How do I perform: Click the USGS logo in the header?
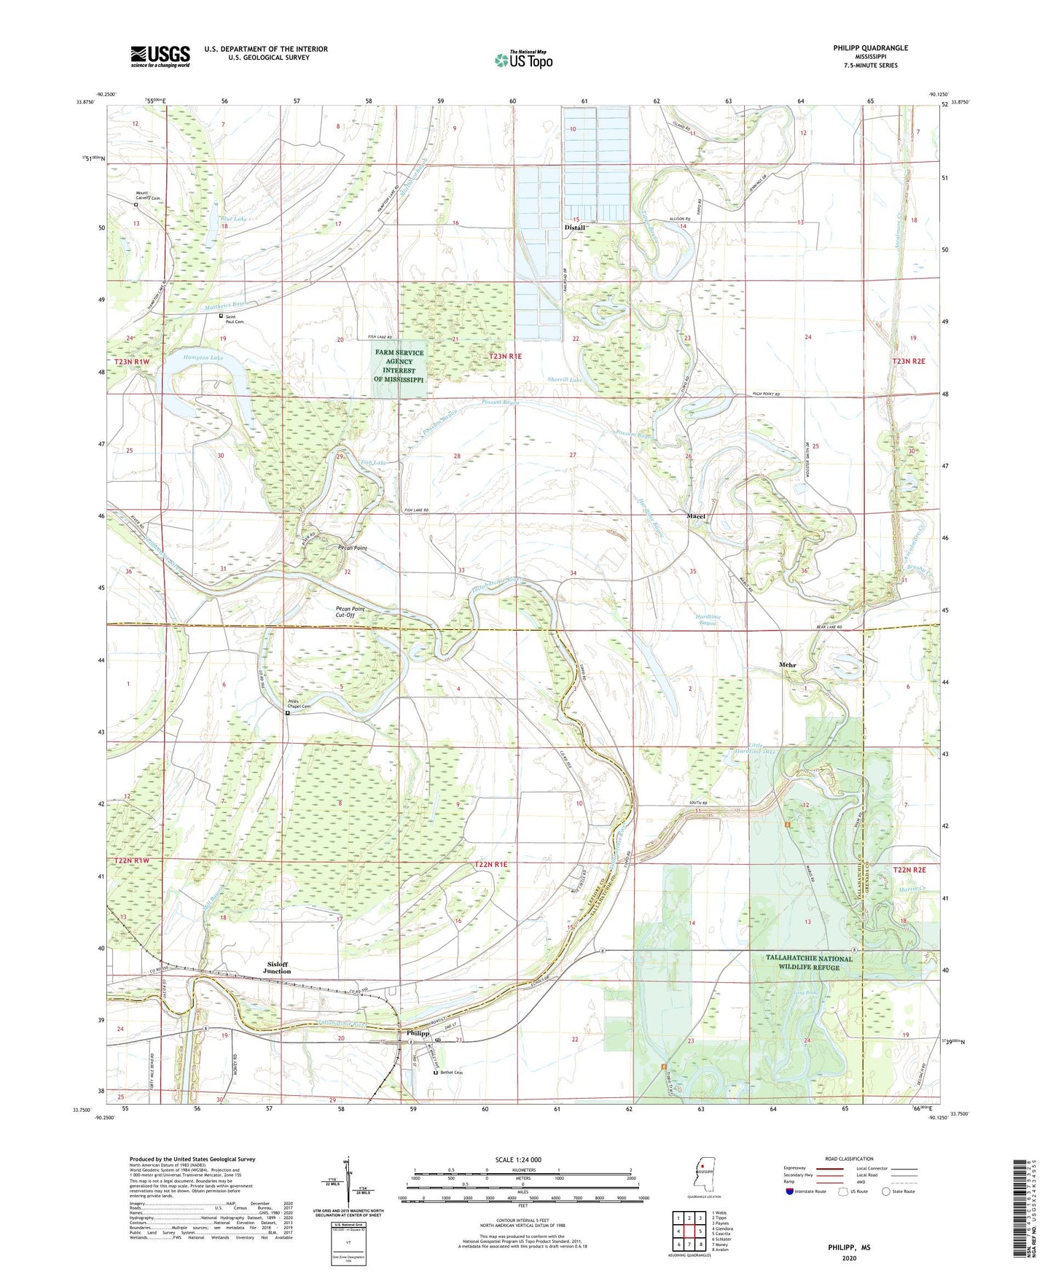[160, 56]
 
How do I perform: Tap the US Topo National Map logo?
[523, 59]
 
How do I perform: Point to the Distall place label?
[575, 227]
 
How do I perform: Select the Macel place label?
[696, 516]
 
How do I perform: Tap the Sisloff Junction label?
[277, 968]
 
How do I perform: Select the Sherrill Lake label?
[565, 380]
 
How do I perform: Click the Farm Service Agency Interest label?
[399, 366]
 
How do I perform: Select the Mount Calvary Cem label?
[147, 195]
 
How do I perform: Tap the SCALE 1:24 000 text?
[518, 1159]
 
